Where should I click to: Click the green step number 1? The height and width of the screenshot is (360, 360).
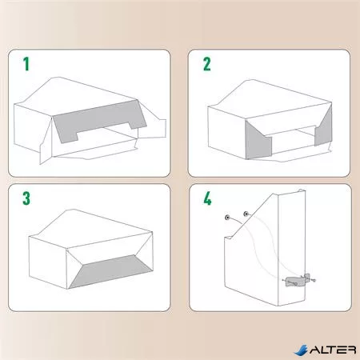point(26,64)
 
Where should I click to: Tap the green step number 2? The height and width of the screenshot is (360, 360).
point(206,64)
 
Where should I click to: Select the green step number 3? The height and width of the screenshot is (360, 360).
point(26,198)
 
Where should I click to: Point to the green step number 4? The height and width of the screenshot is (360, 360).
point(207,198)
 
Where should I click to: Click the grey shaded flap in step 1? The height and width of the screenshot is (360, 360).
point(99,120)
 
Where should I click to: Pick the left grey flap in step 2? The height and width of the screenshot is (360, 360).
point(257,142)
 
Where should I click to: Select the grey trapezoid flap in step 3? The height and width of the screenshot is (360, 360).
point(110,270)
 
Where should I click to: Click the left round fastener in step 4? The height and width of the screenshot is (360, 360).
point(227,218)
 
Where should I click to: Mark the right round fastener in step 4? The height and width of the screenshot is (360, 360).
point(246,214)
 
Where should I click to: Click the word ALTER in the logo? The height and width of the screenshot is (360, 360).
point(333,350)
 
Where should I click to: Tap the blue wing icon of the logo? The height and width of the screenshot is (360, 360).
point(301,350)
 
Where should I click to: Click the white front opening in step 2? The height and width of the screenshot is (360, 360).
point(294,140)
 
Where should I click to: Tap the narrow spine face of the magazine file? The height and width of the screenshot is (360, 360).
point(291,248)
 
